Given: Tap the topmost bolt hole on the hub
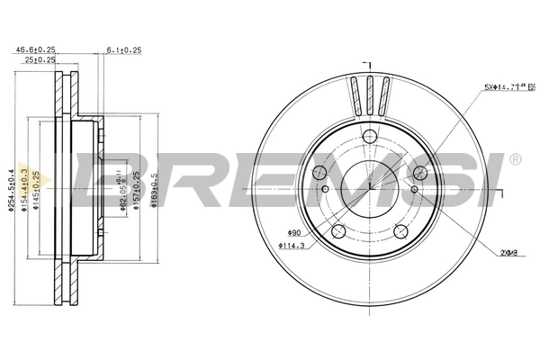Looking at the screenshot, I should (369, 137).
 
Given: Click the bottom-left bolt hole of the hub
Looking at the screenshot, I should (338, 232).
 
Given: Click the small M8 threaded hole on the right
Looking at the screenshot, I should (414, 189).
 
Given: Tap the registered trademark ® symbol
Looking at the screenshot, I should (514, 160).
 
